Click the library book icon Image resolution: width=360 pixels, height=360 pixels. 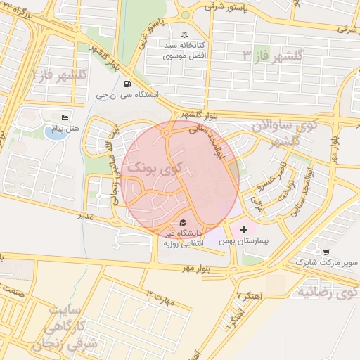pyautogui.click(x=185, y=34)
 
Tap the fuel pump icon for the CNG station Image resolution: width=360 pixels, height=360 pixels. pyautogui.click(x=127, y=84)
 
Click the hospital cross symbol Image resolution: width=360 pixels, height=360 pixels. pyautogui.click(x=243, y=229)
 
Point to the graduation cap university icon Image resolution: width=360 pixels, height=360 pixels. pyautogui.click(x=184, y=220)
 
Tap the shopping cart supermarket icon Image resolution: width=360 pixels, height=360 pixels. pyautogui.click(x=326, y=251)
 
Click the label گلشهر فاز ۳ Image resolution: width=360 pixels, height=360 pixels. pyautogui.click(x=271, y=55)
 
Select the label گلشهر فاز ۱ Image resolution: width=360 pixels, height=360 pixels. pyautogui.click(x=60, y=73)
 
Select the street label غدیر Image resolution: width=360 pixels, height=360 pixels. pyautogui.click(x=86, y=217)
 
